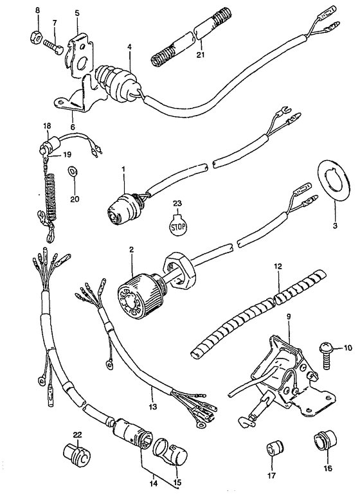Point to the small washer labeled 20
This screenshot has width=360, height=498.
[x=73, y=172]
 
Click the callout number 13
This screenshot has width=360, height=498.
[x=152, y=407]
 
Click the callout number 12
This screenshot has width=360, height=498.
[x=278, y=267]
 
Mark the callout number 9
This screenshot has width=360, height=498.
[x=289, y=325]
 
